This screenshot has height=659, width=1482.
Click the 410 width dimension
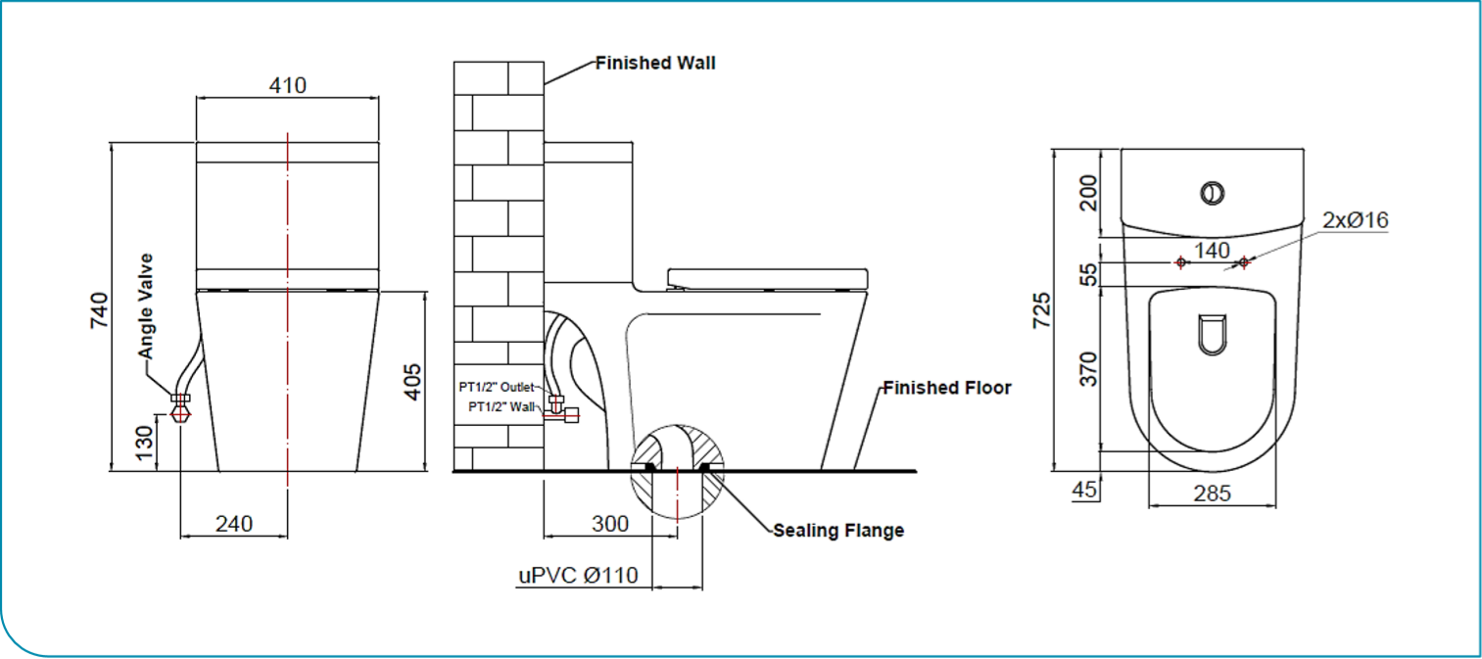[x=288, y=85]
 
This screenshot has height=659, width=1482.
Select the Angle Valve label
[x=146, y=306]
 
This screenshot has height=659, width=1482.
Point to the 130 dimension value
[x=143, y=446]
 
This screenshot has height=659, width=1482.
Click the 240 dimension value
[x=234, y=524]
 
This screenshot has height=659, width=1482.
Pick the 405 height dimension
[x=411, y=381]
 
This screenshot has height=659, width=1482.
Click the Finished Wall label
[x=655, y=64]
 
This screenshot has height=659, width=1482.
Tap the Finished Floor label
[x=946, y=388]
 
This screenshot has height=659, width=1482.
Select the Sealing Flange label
[x=838, y=531]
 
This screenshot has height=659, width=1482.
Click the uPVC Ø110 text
[x=577, y=575]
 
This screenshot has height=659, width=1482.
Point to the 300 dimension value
[x=609, y=524]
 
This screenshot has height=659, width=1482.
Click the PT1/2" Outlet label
[x=496, y=387]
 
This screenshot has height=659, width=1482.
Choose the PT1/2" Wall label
[x=501, y=406]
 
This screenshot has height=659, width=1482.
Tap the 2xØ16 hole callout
[x=1355, y=220]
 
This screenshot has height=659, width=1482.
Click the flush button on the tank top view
[x=1212, y=192]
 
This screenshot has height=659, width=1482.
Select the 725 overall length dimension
[x=1041, y=309]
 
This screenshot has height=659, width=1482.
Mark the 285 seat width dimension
[x=1212, y=494]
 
